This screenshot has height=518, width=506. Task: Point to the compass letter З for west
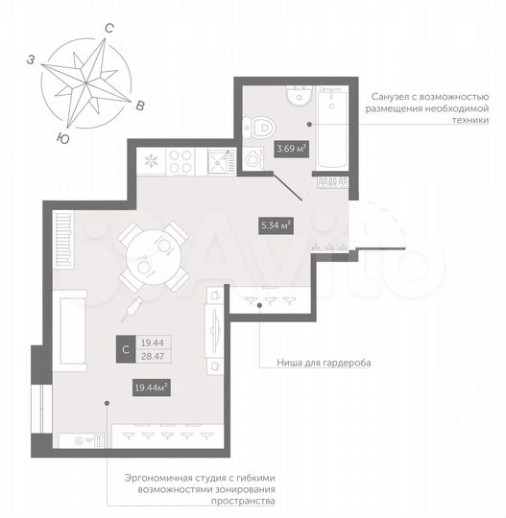coord(32,60)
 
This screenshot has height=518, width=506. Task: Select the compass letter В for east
coord(141,105)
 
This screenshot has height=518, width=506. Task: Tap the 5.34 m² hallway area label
coord(277,226)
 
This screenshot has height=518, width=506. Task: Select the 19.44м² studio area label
coord(151,388)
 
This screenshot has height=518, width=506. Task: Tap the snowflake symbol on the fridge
coord(151,159)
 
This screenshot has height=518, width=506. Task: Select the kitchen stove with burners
coord(182,159)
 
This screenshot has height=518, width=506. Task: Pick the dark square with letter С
coord(123,351)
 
